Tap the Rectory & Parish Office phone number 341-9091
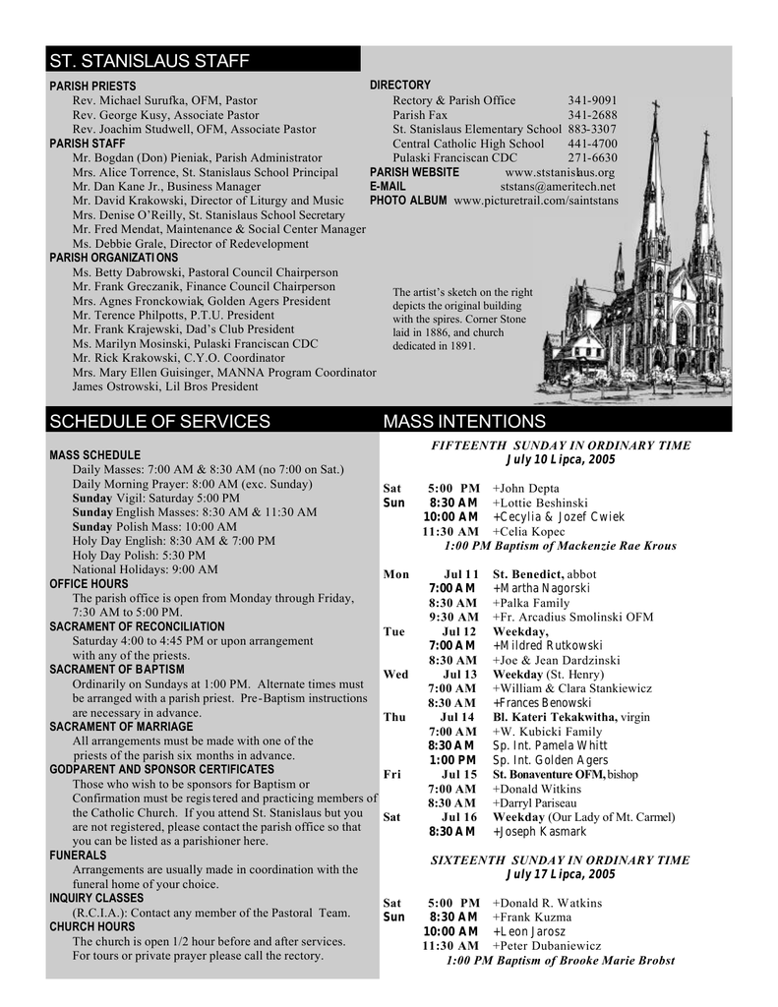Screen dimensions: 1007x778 592,100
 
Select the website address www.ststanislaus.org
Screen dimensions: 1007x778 559,172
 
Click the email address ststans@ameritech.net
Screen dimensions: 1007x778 558,186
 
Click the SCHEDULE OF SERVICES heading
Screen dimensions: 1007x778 159,422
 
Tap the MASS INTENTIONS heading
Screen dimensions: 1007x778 463,422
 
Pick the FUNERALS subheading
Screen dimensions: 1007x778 78,856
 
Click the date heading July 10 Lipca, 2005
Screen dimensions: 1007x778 561,459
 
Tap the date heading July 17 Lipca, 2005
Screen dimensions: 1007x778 561,874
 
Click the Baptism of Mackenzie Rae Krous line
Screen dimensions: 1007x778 561,546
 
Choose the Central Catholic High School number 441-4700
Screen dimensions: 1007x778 592,144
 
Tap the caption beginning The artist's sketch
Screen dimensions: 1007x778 462,319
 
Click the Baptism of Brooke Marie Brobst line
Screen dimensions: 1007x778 561,960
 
